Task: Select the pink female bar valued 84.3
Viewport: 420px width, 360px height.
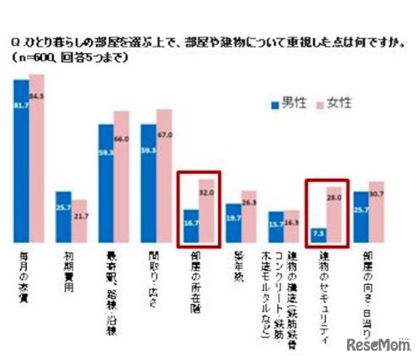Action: click(x=36, y=158)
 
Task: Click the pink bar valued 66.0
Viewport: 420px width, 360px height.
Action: click(x=121, y=177)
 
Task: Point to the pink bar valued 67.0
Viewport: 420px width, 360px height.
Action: click(x=164, y=175)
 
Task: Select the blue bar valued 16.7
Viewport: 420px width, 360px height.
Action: click(x=191, y=226)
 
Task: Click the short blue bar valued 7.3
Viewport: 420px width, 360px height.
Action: click(x=318, y=235)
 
